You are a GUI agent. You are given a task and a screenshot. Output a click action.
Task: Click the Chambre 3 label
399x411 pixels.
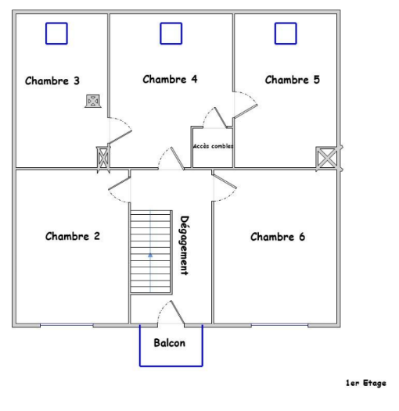pos(52,80)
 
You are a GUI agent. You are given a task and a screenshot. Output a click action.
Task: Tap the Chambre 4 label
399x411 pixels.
pos(170,79)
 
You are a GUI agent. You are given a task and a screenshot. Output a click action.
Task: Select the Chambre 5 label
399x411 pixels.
pos(292,80)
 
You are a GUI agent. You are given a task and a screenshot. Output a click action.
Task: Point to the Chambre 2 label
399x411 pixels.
pos(73,236)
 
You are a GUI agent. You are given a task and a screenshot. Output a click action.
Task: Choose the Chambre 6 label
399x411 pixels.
pos(278,237)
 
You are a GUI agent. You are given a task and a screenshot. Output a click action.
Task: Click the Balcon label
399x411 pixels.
pos(170,343)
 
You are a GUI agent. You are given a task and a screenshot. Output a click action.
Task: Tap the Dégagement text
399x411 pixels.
pos(185,245)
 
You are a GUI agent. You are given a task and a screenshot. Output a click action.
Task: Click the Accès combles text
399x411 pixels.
pos(213,146)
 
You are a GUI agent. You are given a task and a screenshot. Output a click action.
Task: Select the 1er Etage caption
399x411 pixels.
pos(365,383)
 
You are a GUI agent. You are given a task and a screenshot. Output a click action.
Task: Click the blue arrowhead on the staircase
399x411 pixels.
pos(150,255)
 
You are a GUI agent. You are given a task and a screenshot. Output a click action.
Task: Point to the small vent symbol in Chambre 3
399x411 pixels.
pos(93,101)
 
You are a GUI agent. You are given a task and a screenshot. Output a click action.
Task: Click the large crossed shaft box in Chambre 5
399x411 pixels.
pos(326,158)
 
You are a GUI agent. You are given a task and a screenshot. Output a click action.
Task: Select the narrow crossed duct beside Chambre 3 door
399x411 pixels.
pos(103,158)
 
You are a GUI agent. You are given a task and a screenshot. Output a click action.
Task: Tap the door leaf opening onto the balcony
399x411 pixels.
pos(178,313)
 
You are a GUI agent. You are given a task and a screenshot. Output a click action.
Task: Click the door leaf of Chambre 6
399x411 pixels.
pos(225,181)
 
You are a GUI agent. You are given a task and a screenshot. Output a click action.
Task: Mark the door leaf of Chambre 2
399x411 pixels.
pos(120,183)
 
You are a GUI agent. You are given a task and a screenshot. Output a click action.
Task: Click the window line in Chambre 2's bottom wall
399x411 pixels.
pos(66,325)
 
